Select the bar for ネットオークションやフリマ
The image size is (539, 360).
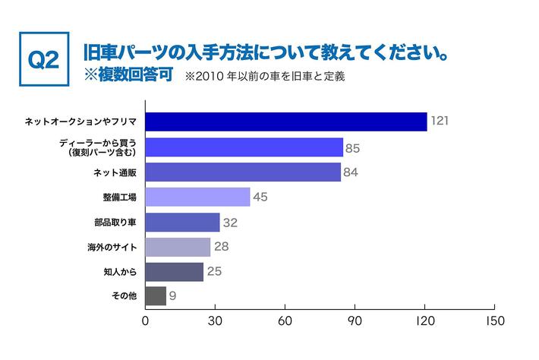pyautogui.click(x=285, y=122)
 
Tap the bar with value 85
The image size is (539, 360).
pyautogui.click(x=244, y=147)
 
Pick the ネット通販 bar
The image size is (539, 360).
pyautogui.click(x=243, y=172)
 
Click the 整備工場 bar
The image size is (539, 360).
pyautogui.click(x=197, y=197)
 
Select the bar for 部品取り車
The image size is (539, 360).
pyautogui.click(x=182, y=222)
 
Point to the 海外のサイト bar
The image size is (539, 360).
pyautogui.click(x=178, y=247)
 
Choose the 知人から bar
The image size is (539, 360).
pyautogui.click(x=174, y=272)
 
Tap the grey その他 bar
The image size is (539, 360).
pyautogui.click(x=155, y=296)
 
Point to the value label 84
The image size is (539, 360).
pyautogui.click(x=351, y=172)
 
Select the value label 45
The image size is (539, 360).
pyautogui.click(x=260, y=197)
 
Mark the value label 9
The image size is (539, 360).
pyautogui.click(x=173, y=296)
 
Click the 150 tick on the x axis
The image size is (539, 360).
pyautogui.click(x=494, y=321)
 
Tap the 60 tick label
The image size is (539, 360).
pyautogui.click(x=285, y=321)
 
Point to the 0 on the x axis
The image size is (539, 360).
pyautogui.click(x=145, y=321)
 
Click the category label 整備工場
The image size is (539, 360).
pyautogui.click(x=119, y=197)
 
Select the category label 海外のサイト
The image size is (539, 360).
pyautogui.click(x=112, y=248)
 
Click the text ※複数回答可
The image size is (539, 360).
pyautogui.click(x=129, y=77)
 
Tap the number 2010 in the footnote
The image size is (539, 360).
pyautogui.click(x=210, y=77)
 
